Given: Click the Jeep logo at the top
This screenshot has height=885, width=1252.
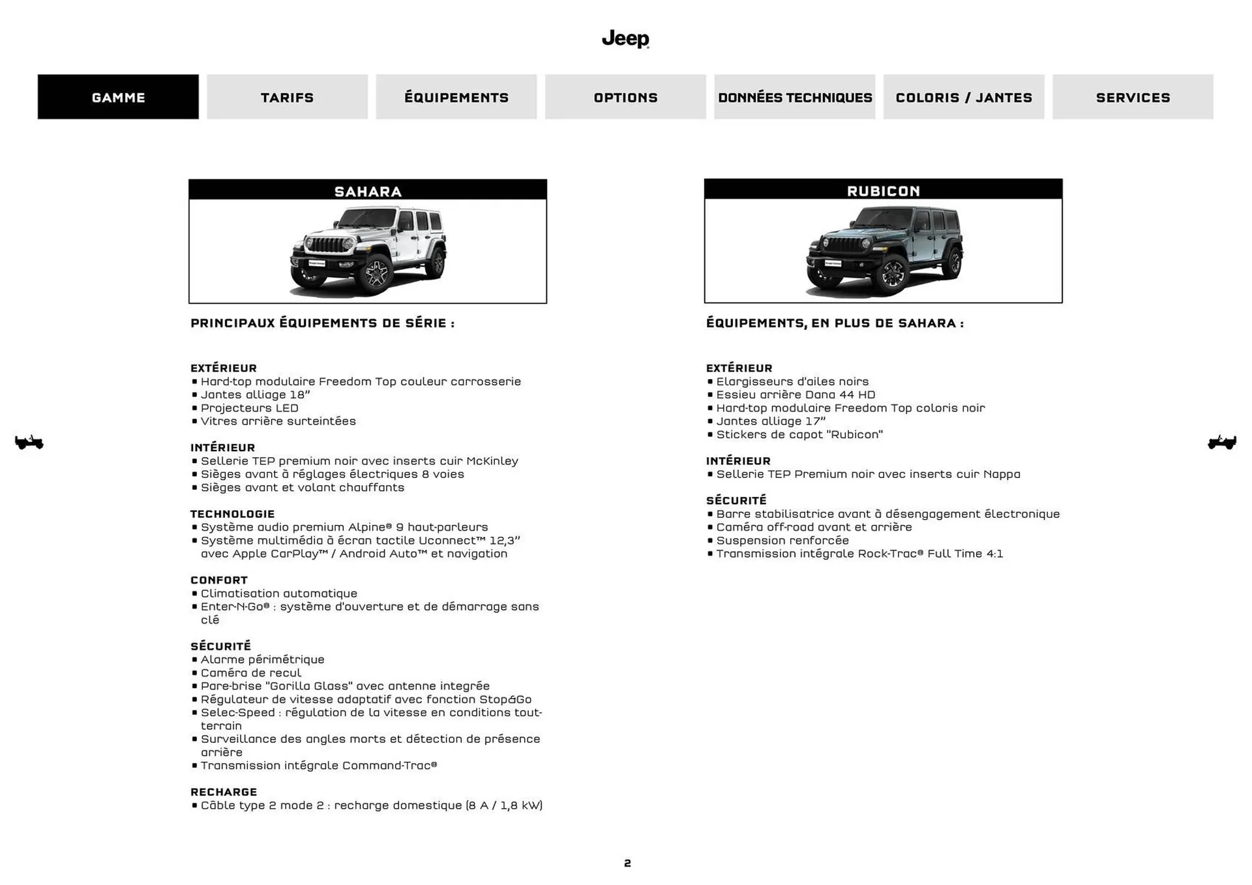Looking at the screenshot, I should [625, 38].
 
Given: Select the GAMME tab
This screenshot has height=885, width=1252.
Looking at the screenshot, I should [118, 97].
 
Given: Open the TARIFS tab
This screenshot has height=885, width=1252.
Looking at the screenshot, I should [287, 97].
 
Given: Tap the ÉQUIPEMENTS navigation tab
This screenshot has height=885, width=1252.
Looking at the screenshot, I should [456, 97].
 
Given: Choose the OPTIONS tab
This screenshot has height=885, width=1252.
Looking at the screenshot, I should [625, 97].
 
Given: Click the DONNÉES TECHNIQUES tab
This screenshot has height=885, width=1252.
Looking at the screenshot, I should [794, 97].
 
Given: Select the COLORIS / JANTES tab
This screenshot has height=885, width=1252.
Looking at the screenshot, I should [963, 97].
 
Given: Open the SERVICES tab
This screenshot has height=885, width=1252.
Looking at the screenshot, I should [1133, 97].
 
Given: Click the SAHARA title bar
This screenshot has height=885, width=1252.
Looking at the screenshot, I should [368, 190].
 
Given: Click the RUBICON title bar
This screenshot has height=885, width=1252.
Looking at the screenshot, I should [883, 190].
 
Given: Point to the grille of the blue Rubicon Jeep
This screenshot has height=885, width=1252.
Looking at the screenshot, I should [845, 247].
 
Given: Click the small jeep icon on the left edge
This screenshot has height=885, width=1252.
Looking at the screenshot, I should [29, 442].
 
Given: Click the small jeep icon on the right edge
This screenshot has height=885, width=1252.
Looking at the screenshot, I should [1222, 442].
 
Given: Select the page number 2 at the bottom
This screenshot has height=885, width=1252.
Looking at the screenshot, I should [627, 863].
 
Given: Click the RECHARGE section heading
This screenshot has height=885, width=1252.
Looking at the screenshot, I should [224, 792].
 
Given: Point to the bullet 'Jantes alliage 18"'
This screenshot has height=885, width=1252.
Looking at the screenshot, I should [255, 395].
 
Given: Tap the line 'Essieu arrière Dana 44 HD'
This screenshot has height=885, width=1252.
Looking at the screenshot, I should [795, 395].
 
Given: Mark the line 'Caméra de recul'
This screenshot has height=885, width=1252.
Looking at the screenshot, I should [250, 672].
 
